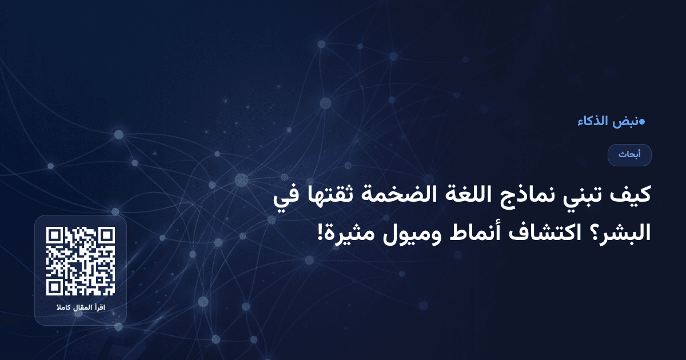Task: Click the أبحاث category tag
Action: [x=629, y=155]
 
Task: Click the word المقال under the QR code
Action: [x=81, y=309]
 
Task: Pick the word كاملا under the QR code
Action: [x=62, y=309]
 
